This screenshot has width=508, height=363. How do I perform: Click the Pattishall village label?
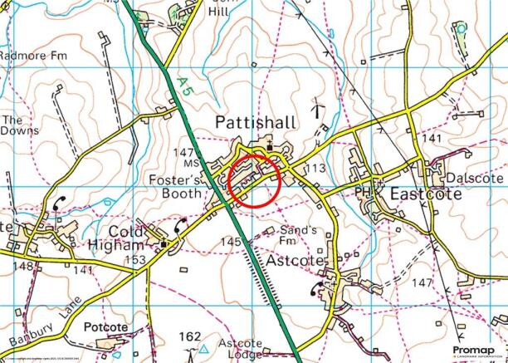pyautogui.click(x=255, y=123)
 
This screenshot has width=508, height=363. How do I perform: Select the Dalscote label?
pyautogui.click(x=475, y=178)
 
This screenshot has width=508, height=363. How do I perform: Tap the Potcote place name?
pyautogui.click(x=106, y=326)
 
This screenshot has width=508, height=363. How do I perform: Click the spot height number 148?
pyautogui.click(x=23, y=267)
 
